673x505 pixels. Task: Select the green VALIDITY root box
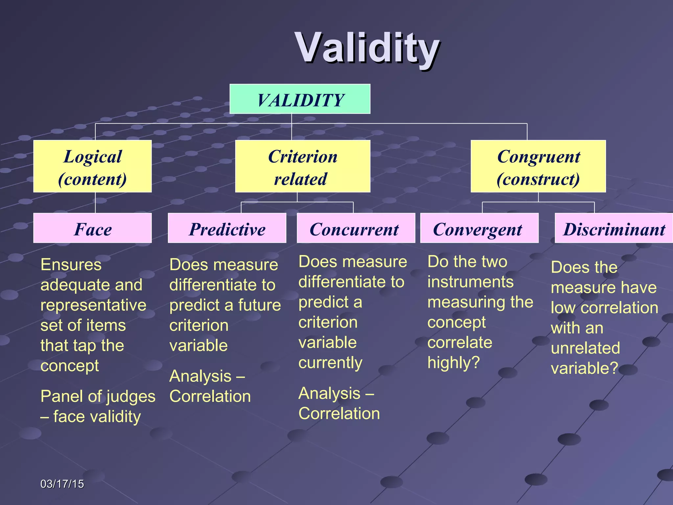pyautogui.click(x=300, y=99)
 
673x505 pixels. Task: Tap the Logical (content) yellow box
pyautogui.click(x=92, y=167)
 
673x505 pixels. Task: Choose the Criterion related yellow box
pyautogui.click(x=303, y=167)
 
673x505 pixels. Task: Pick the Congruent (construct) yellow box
pyautogui.click(x=538, y=167)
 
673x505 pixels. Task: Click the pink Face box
pyautogui.click(x=92, y=228)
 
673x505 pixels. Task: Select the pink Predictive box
pyautogui.click(x=227, y=228)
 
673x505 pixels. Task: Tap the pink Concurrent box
pyautogui.click(x=356, y=228)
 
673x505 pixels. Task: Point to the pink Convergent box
pyautogui.click(x=479, y=228)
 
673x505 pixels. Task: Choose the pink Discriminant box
pyautogui.click(x=614, y=228)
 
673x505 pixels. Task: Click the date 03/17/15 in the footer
pyautogui.click(x=62, y=484)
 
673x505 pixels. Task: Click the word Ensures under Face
pyautogui.click(x=71, y=265)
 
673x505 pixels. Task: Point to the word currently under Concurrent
pyautogui.click(x=330, y=363)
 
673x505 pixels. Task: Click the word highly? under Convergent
pyautogui.click(x=453, y=363)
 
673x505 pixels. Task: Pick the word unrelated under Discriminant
pyautogui.click(x=585, y=348)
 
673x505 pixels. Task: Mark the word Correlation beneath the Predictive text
pyautogui.click(x=210, y=397)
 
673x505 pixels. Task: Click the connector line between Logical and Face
pyautogui.click(x=95, y=203)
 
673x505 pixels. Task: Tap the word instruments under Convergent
pyautogui.click(x=470, y=282)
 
